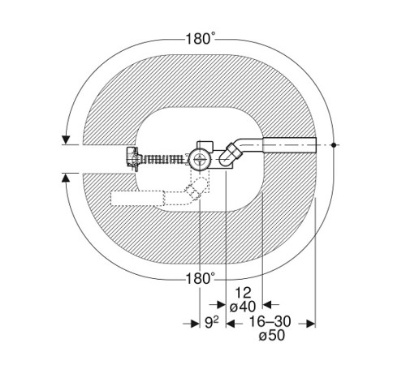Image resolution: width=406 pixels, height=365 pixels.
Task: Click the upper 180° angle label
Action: pyautogui.click(x=201, y=39)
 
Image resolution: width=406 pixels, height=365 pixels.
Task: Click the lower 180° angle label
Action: pyautogui.click(x=201, y=278)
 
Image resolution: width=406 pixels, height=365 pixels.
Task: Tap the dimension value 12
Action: pyautogui.click(x=243, y=293)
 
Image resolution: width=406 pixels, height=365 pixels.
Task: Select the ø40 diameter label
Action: pyautogui.click(x=243, y=307)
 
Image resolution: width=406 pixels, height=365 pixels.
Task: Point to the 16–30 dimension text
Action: pyautogui.click(x=270, y=321)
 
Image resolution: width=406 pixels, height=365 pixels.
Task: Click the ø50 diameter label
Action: pyautogui.click(x=272, y=336)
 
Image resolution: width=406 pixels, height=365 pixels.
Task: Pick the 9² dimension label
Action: pyautogui.click(x=211, y=322)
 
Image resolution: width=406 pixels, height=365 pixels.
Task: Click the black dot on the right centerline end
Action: pyautogui.click(x=334, y=145)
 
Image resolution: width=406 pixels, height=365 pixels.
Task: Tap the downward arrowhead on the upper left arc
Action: pyautogui.click(x=66, y=140)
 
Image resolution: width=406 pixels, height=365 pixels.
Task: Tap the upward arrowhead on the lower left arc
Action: pyautogui.click(x=65, y=178)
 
